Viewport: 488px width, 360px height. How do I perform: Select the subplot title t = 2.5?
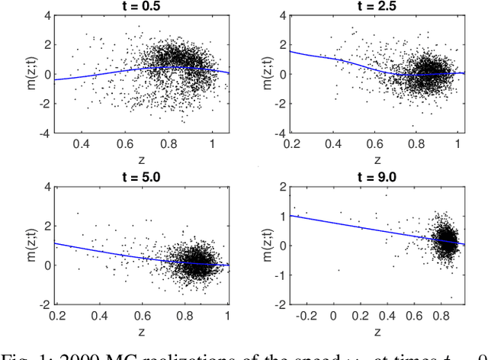[375, 6]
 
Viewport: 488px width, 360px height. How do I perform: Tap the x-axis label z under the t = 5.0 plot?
[142, 332]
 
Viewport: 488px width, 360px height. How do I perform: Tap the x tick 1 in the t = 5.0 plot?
[227, 315]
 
